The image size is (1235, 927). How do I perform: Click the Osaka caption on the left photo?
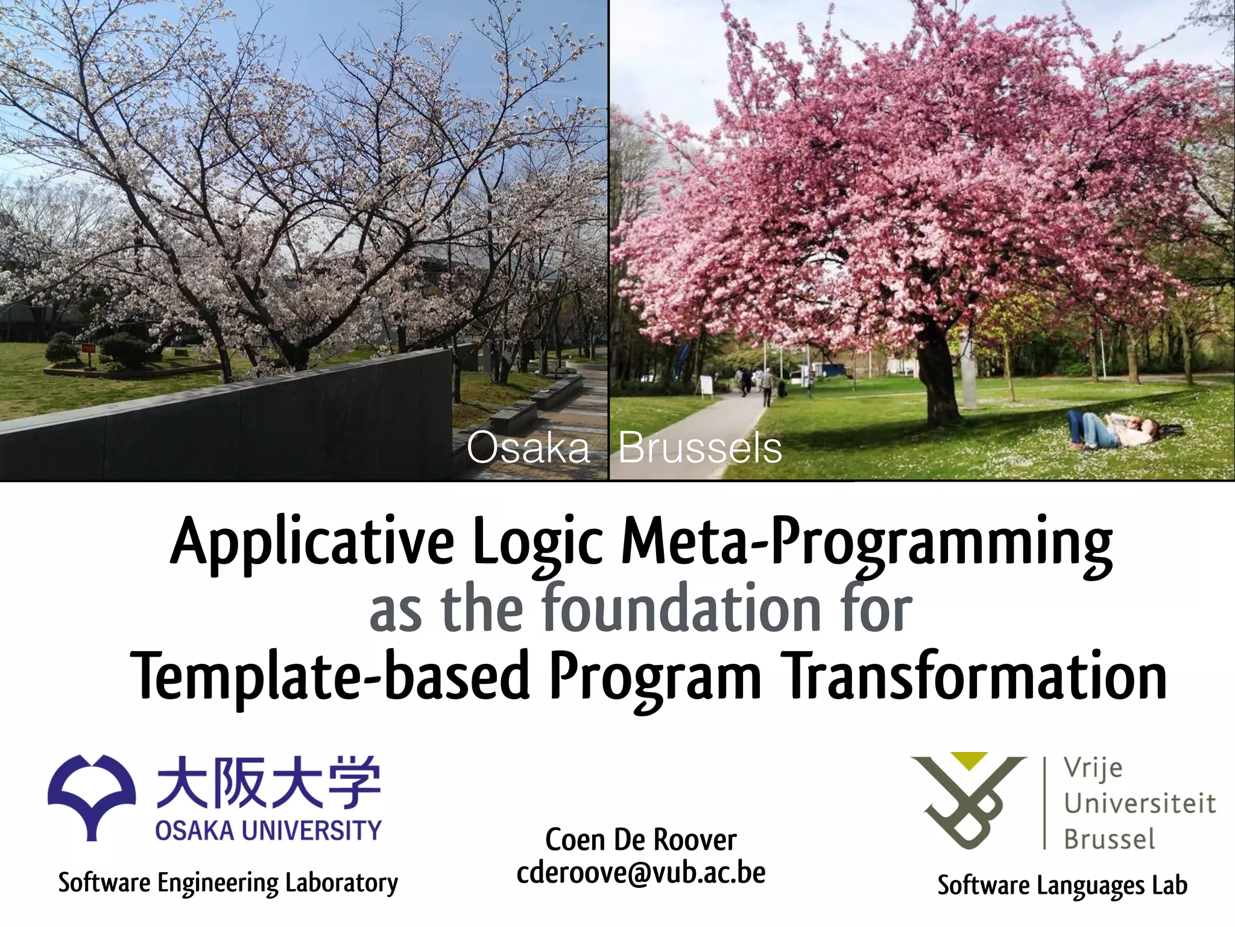tap(528, 448)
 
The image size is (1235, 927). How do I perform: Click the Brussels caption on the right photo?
tap(700, 448)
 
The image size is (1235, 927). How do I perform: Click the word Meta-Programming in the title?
tap(866, 541)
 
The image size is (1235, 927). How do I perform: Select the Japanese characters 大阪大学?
tap(269, 782)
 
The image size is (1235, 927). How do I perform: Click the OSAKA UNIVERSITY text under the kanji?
tap(268, 830)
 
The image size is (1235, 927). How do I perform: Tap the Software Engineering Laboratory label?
tap(228, 882)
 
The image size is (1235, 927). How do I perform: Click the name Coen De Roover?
tap(640, 839)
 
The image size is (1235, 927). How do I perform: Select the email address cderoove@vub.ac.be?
tap(640, 873)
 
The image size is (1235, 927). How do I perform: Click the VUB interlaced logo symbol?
tap(968, 800)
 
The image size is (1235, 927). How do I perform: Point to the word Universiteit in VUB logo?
tap(1139, 803)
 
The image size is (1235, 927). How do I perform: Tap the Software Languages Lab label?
tap(1062, 885)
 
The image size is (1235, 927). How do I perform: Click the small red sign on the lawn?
tap(89, 349)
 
